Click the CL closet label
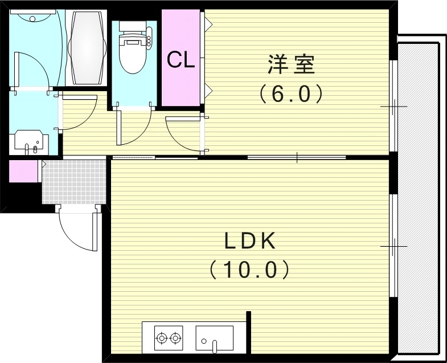coord(181,60)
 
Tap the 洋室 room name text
coord(291,64)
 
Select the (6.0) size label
coord(291,93)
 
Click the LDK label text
coord(249,242)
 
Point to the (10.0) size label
coord(249,269)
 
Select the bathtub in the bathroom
coord(88,47)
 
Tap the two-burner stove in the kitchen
coord(169,338)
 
